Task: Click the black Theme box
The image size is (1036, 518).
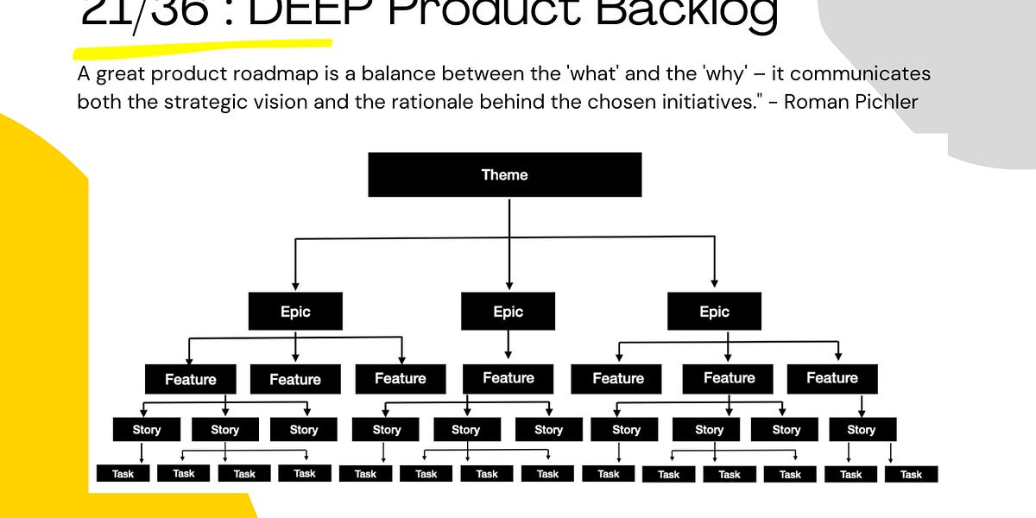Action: click(x=505, y=174)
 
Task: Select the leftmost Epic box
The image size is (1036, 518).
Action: click(x=295, y=312)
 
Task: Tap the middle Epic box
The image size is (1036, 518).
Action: click(x=508, y=312)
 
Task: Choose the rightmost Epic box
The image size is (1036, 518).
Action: click(x=714, y=312)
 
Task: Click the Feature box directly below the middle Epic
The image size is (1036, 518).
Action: click(x=508, y=378)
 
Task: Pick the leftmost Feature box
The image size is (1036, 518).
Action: click(x=190, y=379)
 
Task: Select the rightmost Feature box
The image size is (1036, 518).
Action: click(x=832, y=378)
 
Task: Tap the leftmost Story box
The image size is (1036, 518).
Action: click(x=147, y=429)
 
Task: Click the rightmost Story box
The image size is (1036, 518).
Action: click(x=861, y=429)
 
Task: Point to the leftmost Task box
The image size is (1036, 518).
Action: click(x=123, y=473)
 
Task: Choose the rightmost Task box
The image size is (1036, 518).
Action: click(x=911, y=474)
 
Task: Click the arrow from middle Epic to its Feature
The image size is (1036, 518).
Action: click(x=508, y=344)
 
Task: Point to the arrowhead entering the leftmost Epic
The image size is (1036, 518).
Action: click(x=295, y=284)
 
